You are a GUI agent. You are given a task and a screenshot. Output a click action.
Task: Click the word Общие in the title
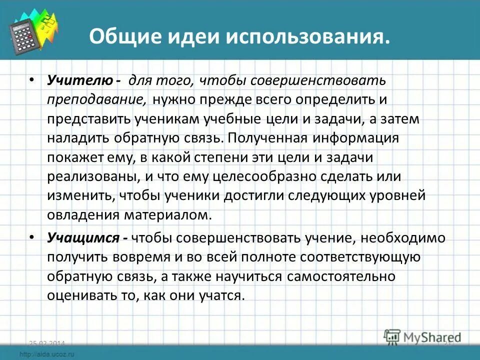[119, 38]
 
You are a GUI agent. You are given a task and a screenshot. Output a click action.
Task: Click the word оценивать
[83, 295]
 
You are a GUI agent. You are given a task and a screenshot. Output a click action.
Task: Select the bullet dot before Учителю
[31, 80]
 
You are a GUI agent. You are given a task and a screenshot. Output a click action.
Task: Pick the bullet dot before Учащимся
[31, 238]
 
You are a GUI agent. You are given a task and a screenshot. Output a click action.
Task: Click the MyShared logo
[422, 338]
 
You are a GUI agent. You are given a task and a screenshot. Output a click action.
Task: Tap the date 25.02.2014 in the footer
[47, 343]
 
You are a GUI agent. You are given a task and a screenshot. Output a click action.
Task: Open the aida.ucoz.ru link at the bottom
[47, 354]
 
